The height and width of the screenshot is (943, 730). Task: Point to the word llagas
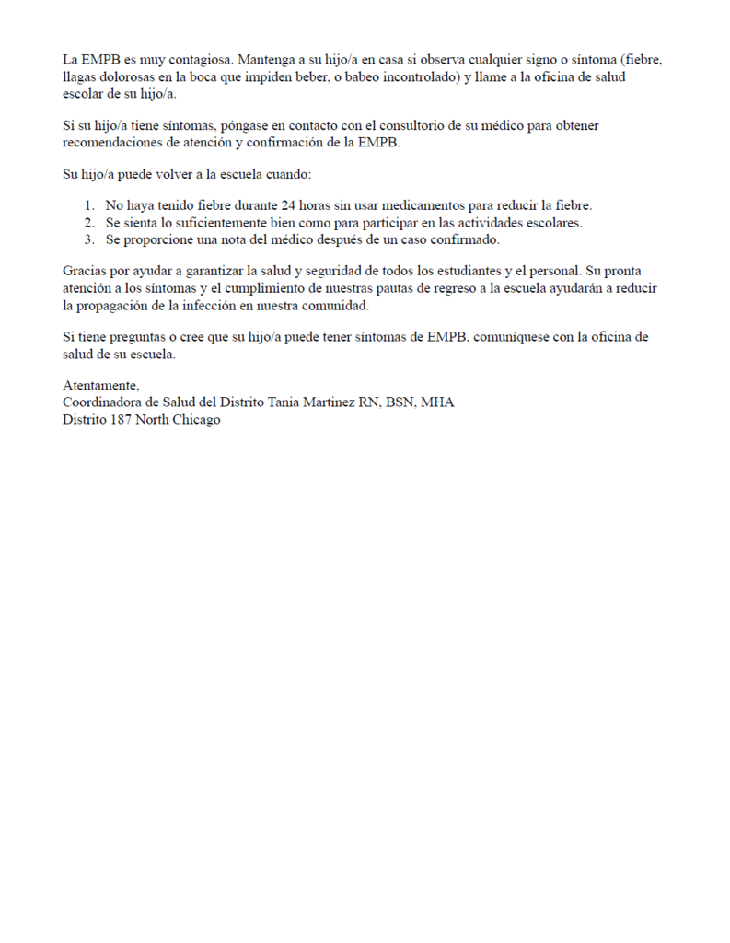[x=80, y=77]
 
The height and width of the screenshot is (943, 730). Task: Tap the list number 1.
[x=88, y=205]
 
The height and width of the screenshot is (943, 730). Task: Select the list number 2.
[x=88, y=223]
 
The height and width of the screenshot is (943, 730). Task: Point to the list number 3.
[x=88, y=239]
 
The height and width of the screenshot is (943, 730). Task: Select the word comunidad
[x=337, y=306]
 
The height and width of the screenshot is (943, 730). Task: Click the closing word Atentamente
[x=100, y=386]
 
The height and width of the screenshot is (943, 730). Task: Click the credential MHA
[x=436, y=402]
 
